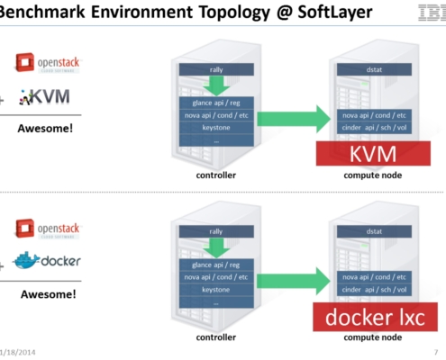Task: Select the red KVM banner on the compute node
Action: click(373, 154)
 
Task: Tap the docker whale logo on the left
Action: click(49, 260)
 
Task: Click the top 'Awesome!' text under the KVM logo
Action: click(46, 128)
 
